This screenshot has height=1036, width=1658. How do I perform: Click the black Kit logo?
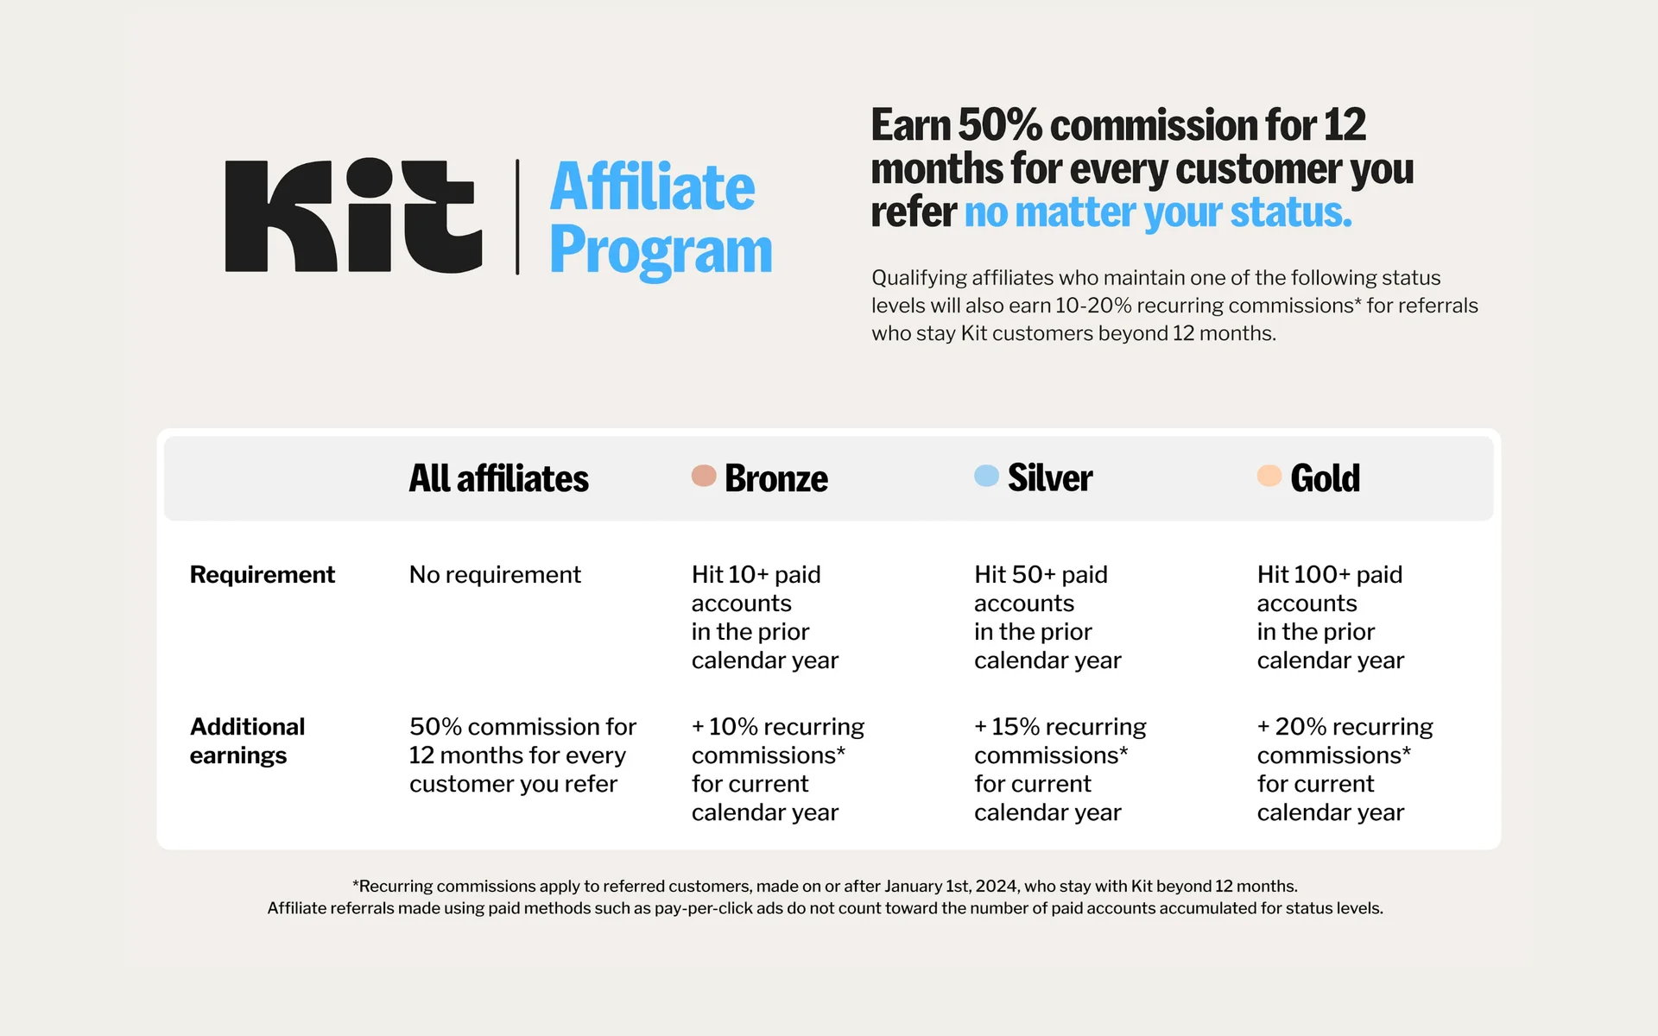[x=353, y=215]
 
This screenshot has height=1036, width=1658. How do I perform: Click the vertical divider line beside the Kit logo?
[x=517, y=217]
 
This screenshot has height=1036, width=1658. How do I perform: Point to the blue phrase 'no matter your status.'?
[x=1158, y=212]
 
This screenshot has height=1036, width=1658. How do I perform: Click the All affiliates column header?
[x=499, y=478]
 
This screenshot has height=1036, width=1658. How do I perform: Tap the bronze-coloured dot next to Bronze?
[x=704, y=476]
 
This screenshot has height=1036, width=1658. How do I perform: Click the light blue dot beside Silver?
[x=986, y=476]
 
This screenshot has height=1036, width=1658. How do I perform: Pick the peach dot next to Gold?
[x=1269, y=476]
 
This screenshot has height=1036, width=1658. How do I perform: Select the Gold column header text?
[x=1326, y=478]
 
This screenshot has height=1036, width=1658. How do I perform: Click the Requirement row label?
[x=263, y=575]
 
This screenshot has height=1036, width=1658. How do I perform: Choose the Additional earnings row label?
[x=248, y=741]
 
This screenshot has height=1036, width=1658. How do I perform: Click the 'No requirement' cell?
[x=495, y=575]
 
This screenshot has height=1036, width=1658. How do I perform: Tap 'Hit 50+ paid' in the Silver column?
[x=1041, y=575]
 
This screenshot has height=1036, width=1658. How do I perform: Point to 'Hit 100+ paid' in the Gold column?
[x=1330, y=575]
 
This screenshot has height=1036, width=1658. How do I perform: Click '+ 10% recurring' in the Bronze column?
[x=778, y=727]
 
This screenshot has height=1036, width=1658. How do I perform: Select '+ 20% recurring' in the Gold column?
[x=1345, y=727]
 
